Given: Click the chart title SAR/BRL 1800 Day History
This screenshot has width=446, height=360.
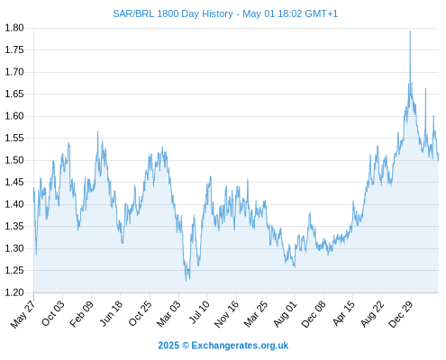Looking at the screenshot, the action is pyautogui.click(x=173, y=13).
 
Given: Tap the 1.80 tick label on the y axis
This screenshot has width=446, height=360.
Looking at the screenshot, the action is pyautogui.click(x=14, y=28).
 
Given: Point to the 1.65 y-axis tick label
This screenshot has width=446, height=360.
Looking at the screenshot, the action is pyautogui.click(x=14, y=94).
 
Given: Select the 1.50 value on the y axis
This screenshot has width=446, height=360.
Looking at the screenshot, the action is pyautogui.click(x=14, y=160).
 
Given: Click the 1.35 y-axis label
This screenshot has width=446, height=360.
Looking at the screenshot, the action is pyautogui.click(x=14, y=226).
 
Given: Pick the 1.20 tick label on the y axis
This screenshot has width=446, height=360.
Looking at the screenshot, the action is pyautogui.click(x=14, y=292).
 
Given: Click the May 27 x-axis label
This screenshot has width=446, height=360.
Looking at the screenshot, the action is pyautogui.click(x=23, y=314).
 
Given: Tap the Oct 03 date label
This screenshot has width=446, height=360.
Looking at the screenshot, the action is pyautogui.click(x=53, y=313).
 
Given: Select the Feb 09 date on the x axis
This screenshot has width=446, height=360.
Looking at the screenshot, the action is pyautogui.click(x=81, y=314).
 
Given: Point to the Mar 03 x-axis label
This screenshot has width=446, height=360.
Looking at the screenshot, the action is pyautogui.click(x=168, y=314).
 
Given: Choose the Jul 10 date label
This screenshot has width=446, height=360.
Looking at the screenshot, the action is pyautogui.click(x=199, y=312).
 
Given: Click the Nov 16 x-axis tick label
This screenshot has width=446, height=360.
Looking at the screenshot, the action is pyautogui.click(x=226, y=314).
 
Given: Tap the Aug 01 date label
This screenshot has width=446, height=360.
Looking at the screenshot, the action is pyautogui.click(x=286, y=314).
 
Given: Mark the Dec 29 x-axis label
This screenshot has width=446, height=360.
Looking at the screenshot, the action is pyautogui.click(x=401, y=314).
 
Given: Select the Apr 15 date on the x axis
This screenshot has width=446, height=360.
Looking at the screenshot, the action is pyautogui.click(x=344, y=313).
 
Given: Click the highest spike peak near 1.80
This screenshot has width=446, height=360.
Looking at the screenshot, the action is pyautogui.click(x=410, y=31).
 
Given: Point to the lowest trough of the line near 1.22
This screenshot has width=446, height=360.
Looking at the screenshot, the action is pyautogui.click(x=187, y=281).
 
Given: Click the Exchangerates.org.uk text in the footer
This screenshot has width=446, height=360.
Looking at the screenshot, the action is pyautogui.click(x=240, y=346).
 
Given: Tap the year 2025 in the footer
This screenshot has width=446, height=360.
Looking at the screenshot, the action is pyautogui.click(x=168, y=346).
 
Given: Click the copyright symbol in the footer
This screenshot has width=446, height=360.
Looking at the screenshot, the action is pyautogui.click(x=186, y=346).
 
